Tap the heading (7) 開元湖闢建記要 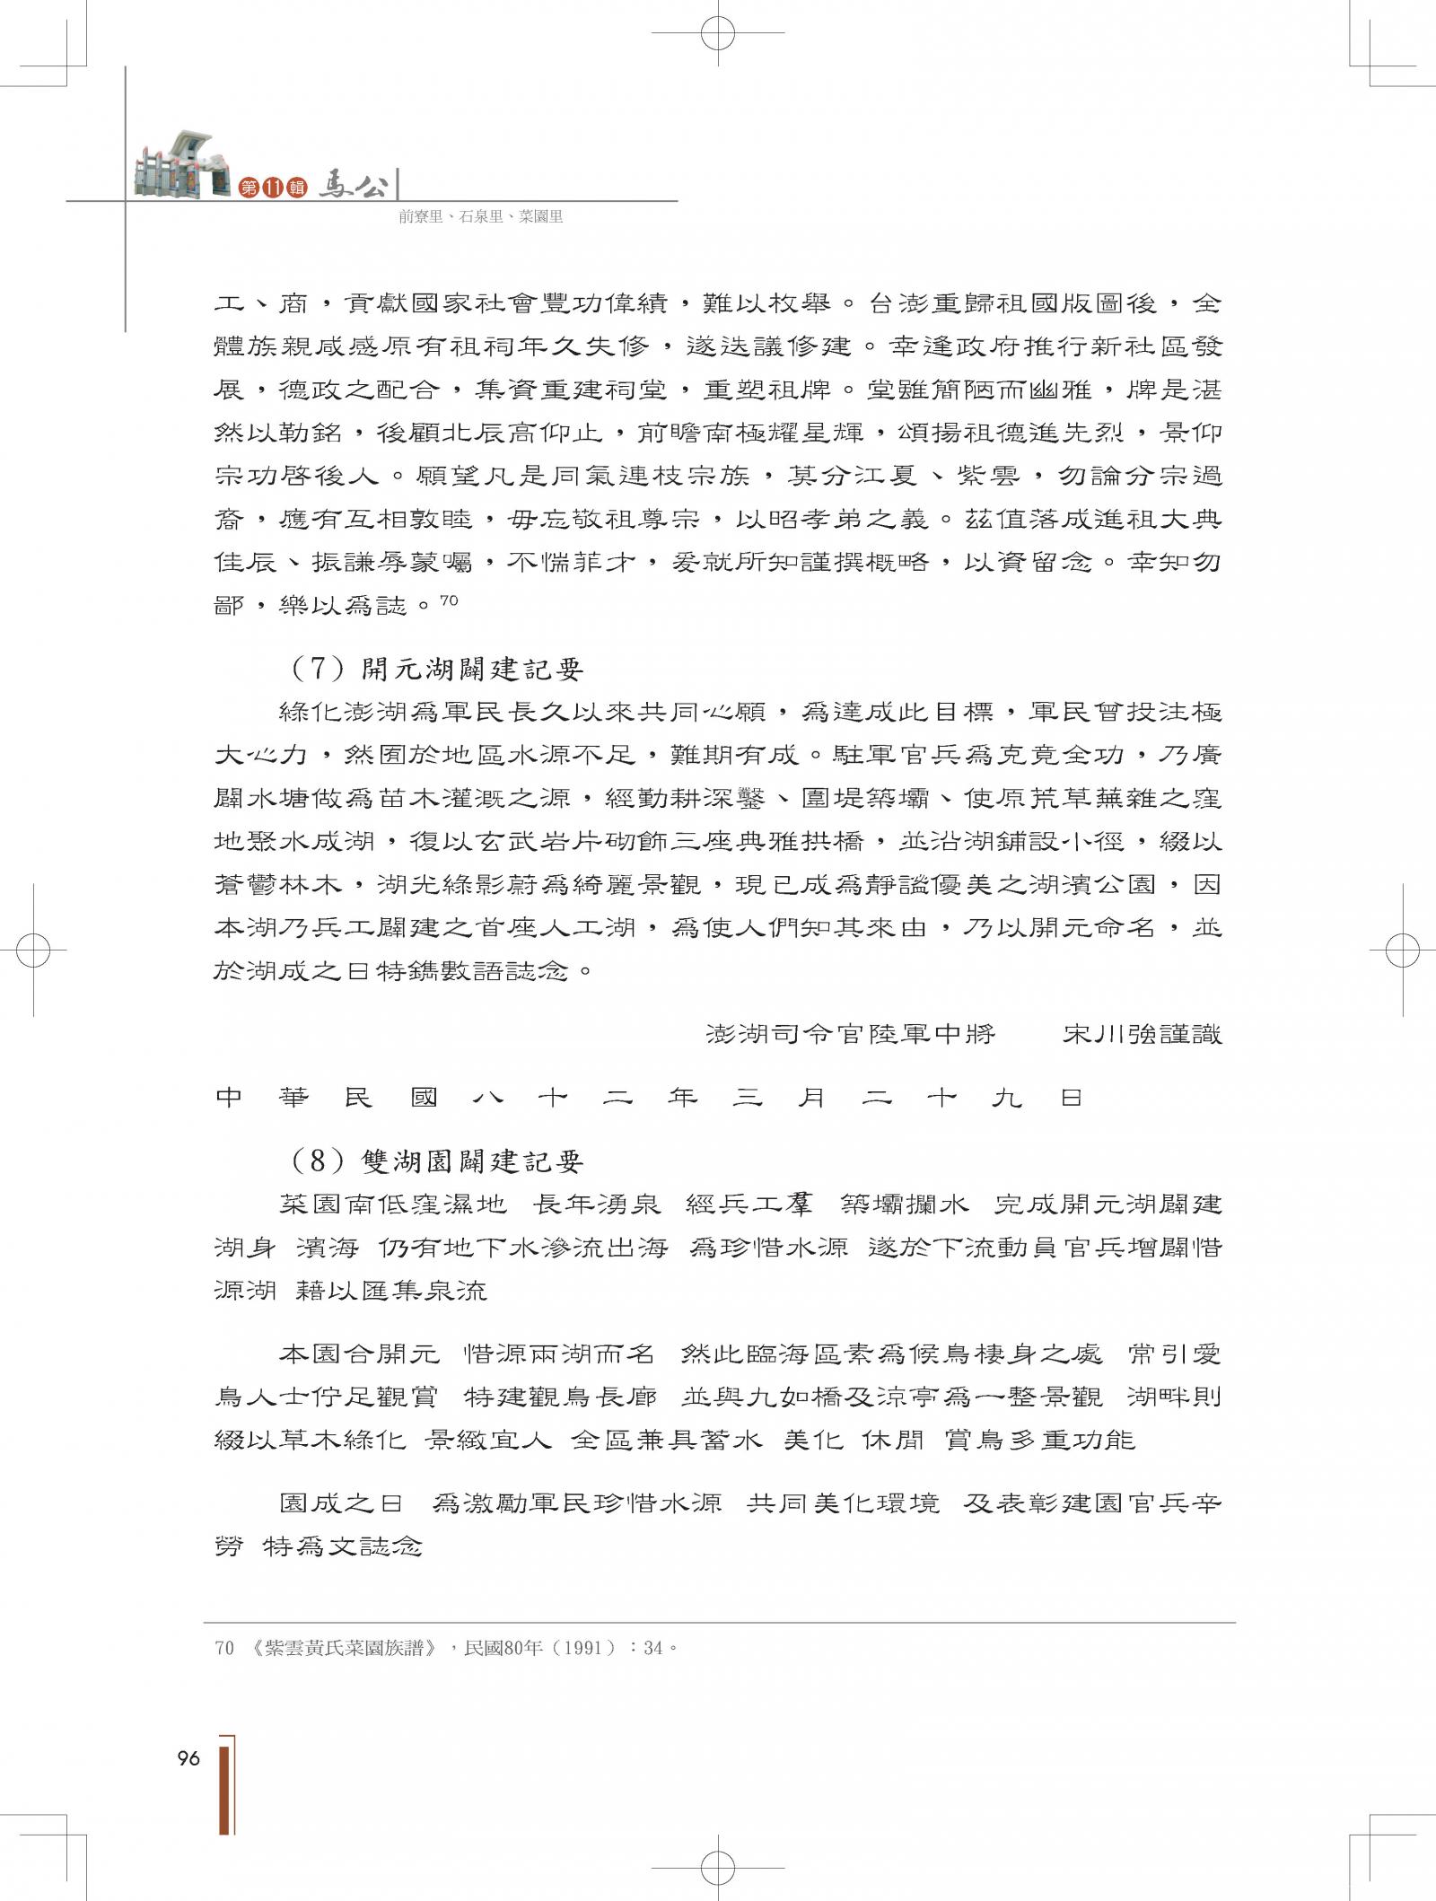[437, 669]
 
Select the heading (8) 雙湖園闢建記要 [437, 1161]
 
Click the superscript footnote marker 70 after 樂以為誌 [450, 602]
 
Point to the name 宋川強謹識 [1142, 1034]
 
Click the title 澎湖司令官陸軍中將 [851, 1034]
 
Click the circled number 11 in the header [274, 188]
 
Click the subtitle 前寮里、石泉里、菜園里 [481, 216]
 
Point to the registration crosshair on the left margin [34, 949]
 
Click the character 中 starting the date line [230, 1097]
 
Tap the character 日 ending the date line [1072, 1097]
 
